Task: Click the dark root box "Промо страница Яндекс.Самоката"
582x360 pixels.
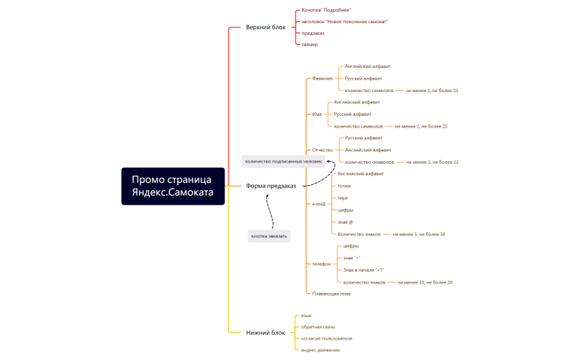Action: click(x=173, y=186)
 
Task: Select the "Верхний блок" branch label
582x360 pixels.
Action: click(x=266, y=27)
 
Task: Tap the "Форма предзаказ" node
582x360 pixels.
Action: click(x=271, y=186)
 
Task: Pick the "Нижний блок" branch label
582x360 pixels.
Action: click(x=265, y=332)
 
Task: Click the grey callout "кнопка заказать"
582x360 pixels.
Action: click(x=269, y=236)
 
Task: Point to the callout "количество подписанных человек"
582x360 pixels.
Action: click(x=283, y=161)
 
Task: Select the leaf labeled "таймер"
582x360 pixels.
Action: click(x=309, y=45)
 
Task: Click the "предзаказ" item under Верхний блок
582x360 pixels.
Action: click(x=313, y=33)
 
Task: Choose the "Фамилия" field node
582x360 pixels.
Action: click(x=322, y=78)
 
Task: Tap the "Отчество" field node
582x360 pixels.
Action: click(x=323, y=150)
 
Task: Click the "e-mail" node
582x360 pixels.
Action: click(x=319, y=204)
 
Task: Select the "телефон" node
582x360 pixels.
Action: click(x=321, y=264)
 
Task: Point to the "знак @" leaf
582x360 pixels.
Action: click(x=345, y=222)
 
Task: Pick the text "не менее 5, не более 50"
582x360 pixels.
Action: click(x=419, y=234)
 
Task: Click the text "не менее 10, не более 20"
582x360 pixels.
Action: click(x=425, y=282)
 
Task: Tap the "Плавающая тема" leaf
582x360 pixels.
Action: click(x=331, y=294)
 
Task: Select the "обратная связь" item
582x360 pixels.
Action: click(x=318, y=327)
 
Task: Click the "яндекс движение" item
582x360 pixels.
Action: click(x=321, y=350)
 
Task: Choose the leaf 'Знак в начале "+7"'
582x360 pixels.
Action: click(x=363, y=270)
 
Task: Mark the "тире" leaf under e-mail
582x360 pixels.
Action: click(x=342, y=198)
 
